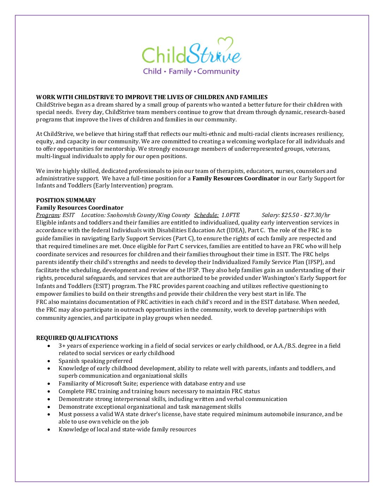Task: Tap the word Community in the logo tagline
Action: coord(218,71)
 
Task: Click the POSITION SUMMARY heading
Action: coord(66,200)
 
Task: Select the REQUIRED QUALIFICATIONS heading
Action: coord(77,338)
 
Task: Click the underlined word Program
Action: coord(48,215)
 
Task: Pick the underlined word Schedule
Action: coord(206,215)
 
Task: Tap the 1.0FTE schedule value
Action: coord(230,215)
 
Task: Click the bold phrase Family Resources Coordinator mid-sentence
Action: coord(236,178)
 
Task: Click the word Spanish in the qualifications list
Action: coord(69,361)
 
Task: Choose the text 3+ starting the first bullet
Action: coord(62,346)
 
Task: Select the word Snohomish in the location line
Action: coord(119,215)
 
